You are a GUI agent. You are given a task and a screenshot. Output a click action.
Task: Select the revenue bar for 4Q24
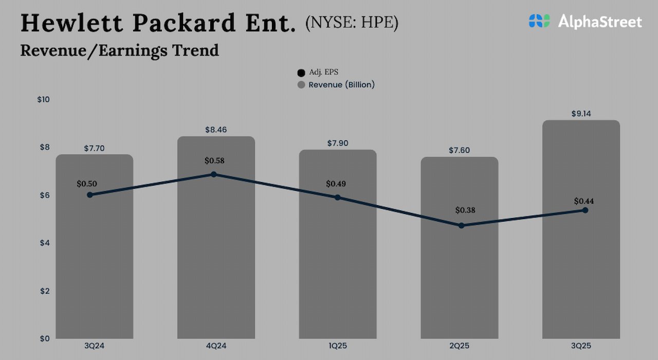point(216,267)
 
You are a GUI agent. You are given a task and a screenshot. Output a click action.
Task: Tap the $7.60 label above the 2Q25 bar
point(459,150)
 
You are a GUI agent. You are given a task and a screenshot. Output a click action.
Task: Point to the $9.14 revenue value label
point(581,114)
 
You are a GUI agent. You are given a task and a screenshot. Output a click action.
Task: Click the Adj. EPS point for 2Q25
point(461,225)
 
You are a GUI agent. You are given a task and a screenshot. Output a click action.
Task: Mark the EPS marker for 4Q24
point(213,174)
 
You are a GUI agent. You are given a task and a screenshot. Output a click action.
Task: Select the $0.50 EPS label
point(87,184)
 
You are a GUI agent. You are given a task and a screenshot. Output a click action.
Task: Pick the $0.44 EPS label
point(584,201)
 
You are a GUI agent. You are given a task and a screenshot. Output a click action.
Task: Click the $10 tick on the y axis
point(43,99)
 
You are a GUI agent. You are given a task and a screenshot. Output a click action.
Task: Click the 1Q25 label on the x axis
point(338,346)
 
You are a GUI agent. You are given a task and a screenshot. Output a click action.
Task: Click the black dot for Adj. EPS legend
point(301,73)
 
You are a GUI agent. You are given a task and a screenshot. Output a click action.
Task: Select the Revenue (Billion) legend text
point(341,85)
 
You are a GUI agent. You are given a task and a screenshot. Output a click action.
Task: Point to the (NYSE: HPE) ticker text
point(352,23)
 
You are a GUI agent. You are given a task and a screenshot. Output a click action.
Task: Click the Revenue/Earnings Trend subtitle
point(120,50)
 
